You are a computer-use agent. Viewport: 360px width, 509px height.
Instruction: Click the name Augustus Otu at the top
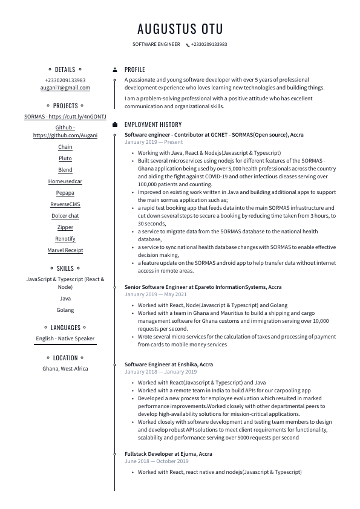pos(180,28)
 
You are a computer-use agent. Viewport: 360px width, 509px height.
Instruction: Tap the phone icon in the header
pos(188,45)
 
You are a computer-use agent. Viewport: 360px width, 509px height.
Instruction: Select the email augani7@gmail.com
pos(65,88)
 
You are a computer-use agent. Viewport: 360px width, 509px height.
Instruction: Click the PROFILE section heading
pos(135,70)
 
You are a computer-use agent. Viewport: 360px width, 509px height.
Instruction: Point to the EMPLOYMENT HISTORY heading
pos(153,125)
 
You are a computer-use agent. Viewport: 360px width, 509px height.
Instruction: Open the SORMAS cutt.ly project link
pos(65,117)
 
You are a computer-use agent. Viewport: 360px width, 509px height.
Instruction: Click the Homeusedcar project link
pos(65,181)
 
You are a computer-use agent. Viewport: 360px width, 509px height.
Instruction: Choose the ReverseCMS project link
pos(65,204)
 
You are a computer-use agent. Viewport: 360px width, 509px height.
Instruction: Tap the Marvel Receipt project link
pos(65,250)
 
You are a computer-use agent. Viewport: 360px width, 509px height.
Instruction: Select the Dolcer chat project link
pos(65,216)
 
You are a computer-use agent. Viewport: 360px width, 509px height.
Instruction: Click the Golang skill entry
pos(65,310)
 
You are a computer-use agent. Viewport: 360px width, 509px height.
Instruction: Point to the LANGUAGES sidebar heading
pos(65,328)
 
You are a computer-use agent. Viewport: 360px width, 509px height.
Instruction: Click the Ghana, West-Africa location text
pos(65,369)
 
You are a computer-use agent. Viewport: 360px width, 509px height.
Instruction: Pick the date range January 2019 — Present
pos(154,142)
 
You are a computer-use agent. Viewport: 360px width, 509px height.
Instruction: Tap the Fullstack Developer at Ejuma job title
pos(168,453)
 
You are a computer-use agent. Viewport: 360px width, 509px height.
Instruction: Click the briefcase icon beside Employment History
pos(115,125)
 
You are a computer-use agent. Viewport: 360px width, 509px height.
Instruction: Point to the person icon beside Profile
pos(115,70)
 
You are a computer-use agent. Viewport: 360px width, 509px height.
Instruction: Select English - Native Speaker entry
pos(65,339)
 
